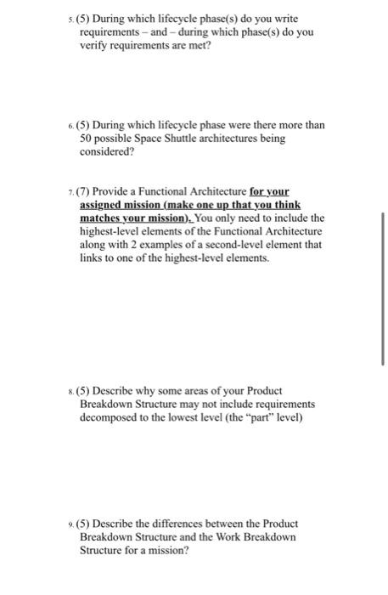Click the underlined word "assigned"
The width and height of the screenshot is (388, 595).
103,205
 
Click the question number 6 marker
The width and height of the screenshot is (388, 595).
67,125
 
